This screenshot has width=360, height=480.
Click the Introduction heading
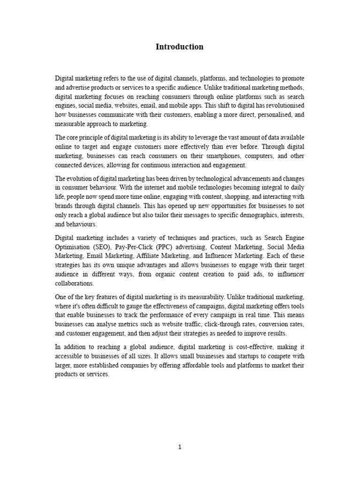[180, 47]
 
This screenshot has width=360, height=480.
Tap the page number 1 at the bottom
[180, 447]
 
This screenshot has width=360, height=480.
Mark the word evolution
[79, 179]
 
